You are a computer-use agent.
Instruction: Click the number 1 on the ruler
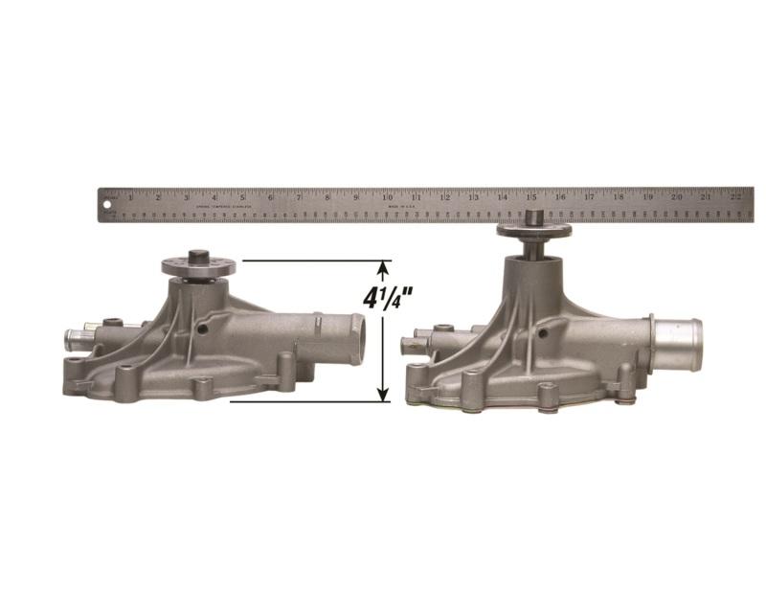coord(130,197)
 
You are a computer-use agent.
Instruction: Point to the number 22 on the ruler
coord(736,197)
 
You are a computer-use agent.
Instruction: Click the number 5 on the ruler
coord(243,197)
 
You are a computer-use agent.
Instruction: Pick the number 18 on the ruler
coord(620,197)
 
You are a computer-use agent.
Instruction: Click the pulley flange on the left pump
coord(198,267)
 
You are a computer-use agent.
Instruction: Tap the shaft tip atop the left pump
coord(198,255)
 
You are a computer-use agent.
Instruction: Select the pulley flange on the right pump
coord(533,230)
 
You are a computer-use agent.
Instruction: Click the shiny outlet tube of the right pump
coord(678,336)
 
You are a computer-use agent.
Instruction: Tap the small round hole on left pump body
coord(202,329)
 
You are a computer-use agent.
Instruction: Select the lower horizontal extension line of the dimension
coord(306,401)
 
